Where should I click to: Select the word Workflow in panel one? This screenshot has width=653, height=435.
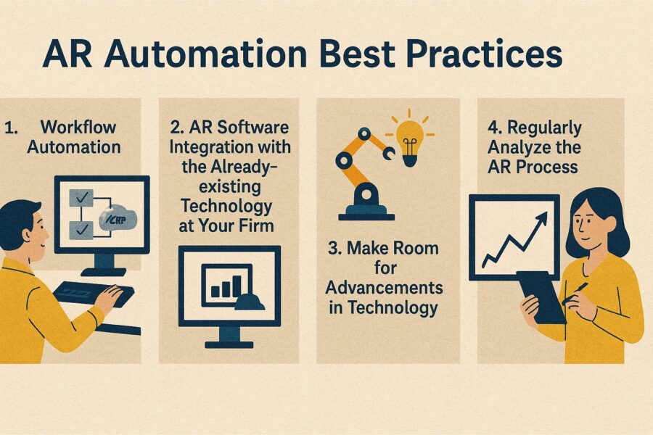pos(78,128)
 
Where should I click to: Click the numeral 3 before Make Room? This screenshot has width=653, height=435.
pos(333,249)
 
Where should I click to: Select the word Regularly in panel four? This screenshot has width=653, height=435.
pos(544,128)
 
